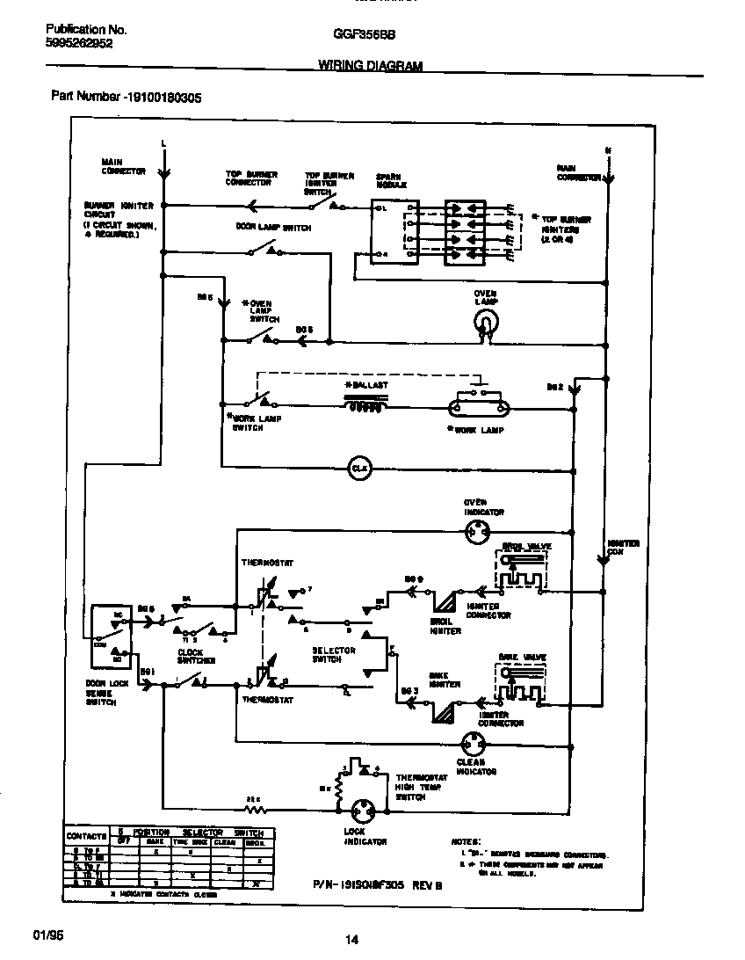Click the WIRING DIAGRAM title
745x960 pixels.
(x=369, y=66)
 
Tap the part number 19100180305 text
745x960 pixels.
(x=127, y=98)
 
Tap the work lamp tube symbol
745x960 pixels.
(x=479, y=406)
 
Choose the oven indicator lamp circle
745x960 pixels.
(x=478, y=531)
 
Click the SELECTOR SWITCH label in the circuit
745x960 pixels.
(x=334, y=655)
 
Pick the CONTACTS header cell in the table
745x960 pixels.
(x=87, y=836)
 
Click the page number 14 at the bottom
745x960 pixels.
(x=351, y=940)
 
